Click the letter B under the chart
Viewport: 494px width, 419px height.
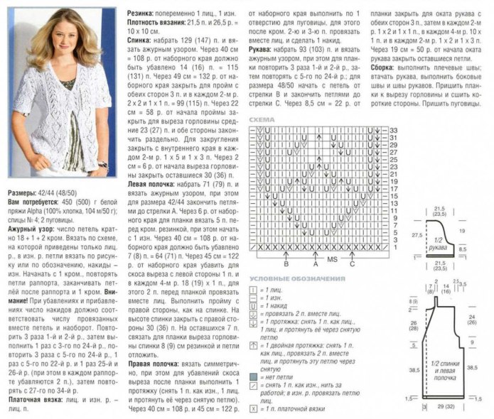tap(285, 263)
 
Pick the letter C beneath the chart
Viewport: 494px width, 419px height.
tap(353, 263)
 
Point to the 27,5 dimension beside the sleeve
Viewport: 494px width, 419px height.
tap(418, 234)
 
